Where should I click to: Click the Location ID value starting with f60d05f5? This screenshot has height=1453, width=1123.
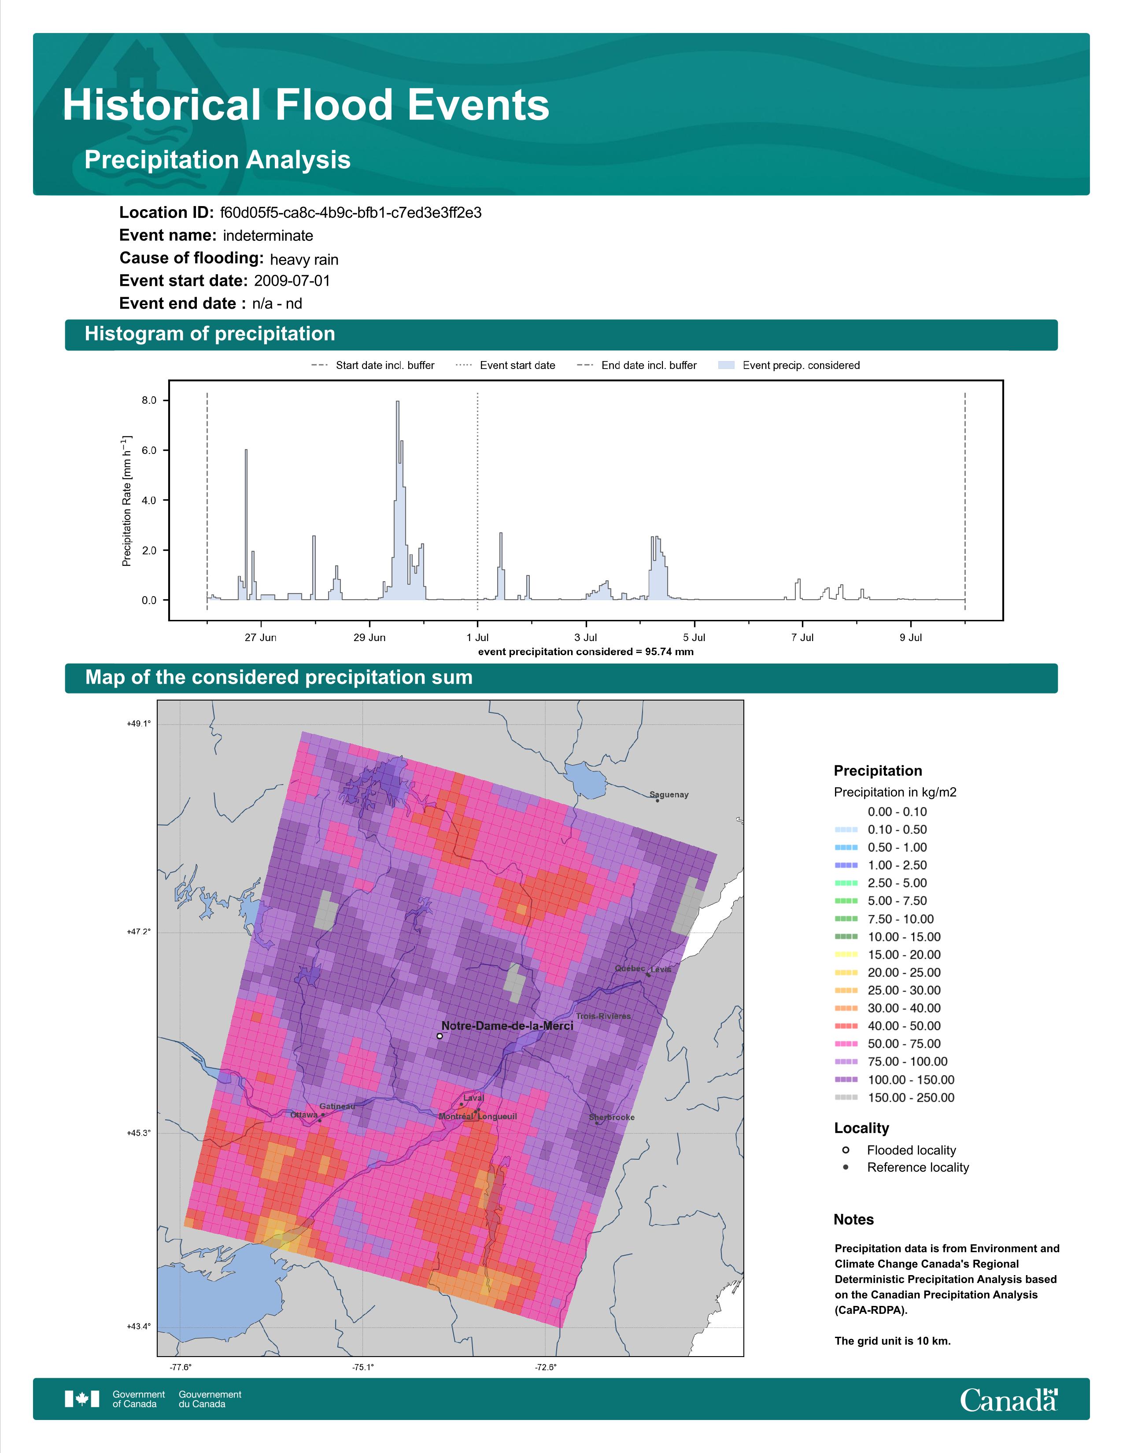pyautogui.click(x=351, y=213)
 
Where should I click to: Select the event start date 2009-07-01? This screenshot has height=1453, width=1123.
pyautogui.click(x=292, y=281)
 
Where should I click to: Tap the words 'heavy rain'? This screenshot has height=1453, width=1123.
pyautogui.click(x=304, y=259)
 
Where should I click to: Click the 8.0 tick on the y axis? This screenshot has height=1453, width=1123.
pyautogui.click(x=149, y=401)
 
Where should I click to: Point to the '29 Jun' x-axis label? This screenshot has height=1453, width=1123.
pyautogui.click(x=369, y=638)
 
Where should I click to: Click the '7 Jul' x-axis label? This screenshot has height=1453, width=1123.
pyautogui.click(x=802, y=638)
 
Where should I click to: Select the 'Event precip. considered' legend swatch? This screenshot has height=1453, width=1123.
pyautogui.click(x=727, y=365)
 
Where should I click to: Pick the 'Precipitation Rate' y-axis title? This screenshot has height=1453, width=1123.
pyautogui.click(x=126, y=500)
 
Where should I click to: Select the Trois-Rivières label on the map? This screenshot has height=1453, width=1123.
pyautogui.click(x=603, y=1016)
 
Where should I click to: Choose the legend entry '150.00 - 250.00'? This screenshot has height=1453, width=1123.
pyautogui.click(x=910, y=1098)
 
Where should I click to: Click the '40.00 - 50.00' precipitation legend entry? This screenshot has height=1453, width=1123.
pyautogui.click(x=903, y=1026)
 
